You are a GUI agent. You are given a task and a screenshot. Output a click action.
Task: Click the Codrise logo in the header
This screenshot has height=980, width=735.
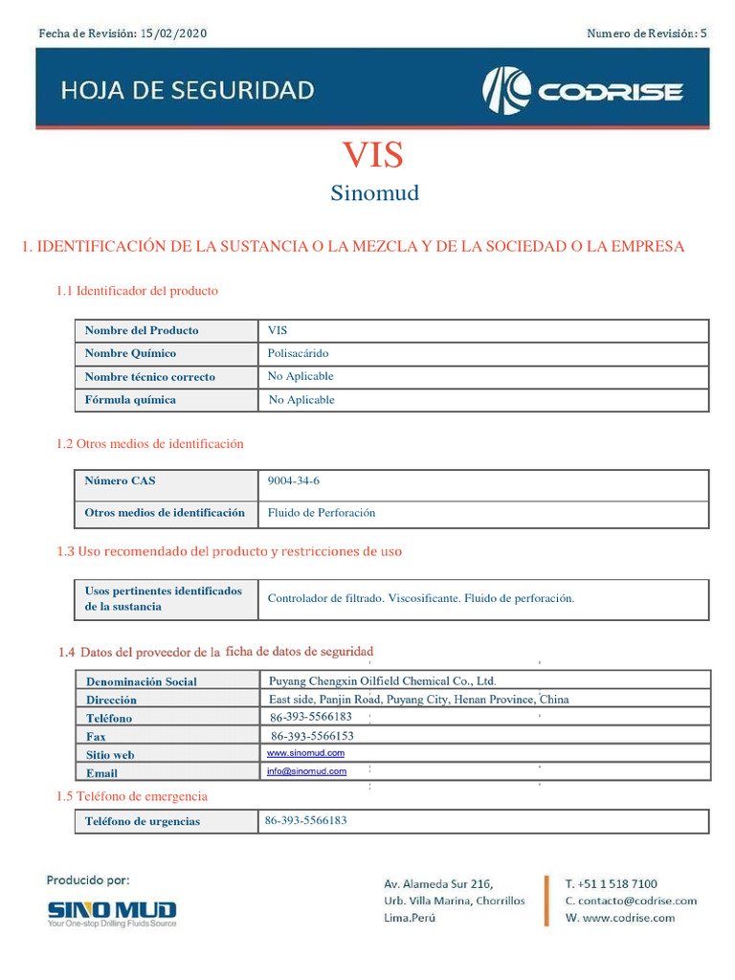point(582,91)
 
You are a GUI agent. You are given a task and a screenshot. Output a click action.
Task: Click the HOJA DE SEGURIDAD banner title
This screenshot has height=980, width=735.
point(188,91)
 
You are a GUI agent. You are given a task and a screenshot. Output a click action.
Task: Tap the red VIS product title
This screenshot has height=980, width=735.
point(373,155)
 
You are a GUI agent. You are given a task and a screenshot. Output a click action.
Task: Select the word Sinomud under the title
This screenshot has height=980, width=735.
point(375,193)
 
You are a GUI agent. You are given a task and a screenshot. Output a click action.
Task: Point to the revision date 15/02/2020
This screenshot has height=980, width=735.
point(173,34)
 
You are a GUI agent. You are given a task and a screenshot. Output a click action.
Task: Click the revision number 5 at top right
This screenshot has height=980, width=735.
point(703,34)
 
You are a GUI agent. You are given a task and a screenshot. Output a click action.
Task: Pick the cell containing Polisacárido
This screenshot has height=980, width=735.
point(299,353)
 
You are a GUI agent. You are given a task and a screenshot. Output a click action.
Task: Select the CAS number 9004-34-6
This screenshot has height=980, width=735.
point(294,481)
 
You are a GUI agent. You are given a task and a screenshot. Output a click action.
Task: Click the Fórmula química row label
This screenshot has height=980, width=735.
point(130,400)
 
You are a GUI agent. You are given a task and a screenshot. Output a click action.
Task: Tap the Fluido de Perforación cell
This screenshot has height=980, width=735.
point(322,513)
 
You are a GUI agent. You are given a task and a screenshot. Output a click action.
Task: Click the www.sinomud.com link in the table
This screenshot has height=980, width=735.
point(306,753)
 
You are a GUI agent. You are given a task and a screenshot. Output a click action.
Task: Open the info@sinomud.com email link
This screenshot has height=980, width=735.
point(307,770)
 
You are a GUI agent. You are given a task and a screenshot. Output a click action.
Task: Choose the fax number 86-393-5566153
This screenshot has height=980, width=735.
point(312,736)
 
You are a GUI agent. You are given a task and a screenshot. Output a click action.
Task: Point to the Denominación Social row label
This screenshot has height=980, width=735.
point(142,681)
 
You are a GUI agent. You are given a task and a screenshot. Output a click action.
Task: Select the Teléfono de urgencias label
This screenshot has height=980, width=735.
point(143,821)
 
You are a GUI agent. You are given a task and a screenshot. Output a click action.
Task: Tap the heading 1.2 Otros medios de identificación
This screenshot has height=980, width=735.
point(149,444)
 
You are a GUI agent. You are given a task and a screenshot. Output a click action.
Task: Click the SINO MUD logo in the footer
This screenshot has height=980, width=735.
point(112,912)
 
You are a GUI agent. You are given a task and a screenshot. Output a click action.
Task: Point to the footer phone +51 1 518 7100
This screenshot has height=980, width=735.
point(612,883)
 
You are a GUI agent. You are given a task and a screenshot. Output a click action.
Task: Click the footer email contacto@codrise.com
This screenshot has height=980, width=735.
point(631,901)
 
